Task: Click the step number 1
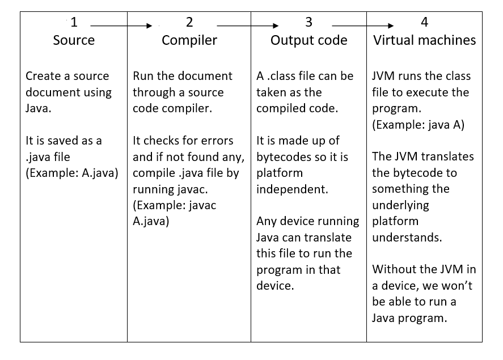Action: coord(74,22)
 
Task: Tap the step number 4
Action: coord(425,22)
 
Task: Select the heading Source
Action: coord(74,40)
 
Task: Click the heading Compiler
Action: coord(189,40)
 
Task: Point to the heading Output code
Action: coord(308,40)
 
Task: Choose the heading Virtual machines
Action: coord(424,40)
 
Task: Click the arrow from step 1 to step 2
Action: coord(121,26)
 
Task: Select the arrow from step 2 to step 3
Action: coord(248,26)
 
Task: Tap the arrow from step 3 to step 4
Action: coord(363,26)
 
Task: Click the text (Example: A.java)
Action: coord(72,173)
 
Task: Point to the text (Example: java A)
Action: coord(418,125)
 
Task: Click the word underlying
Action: coord(400,205)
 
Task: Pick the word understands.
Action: coord(407,237)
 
